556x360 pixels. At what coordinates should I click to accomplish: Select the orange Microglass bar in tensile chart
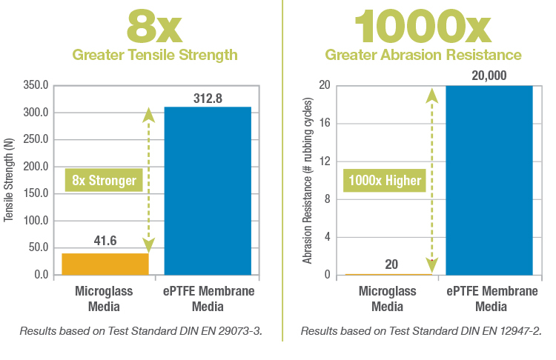pyautogui.click(x=105, y=264)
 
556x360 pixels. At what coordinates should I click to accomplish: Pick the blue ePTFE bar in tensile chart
pyautogui.click(x=208, y=190)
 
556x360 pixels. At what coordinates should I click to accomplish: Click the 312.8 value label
pyautogui.click(x=208, y=98)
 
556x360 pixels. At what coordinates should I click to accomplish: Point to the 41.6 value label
pyautogui.click(x=105, y=241)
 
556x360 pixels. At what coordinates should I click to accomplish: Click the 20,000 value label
pyautogui.click(x=489, y=76)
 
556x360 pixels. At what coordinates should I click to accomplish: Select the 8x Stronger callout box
pyautogui.click(x=105, y=180)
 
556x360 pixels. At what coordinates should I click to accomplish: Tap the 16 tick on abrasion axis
pyautogui.click(x=323, y=124)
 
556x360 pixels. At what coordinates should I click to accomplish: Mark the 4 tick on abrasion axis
pyautogui.click(x=326, y=237)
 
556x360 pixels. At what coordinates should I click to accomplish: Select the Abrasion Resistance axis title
pyautogui.click(x=306, y=180)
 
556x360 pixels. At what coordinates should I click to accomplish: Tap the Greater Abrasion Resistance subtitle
pyautogui.click(x=423, y=56)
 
